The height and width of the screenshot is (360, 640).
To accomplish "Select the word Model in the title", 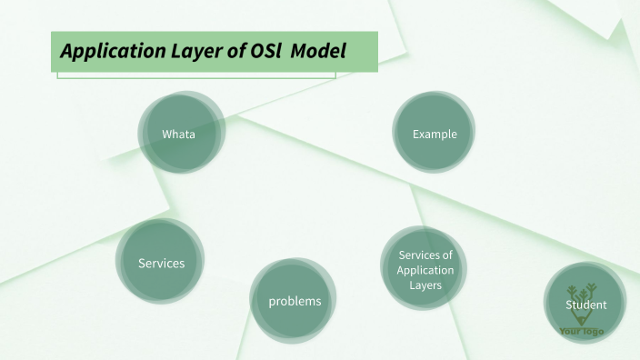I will click(x=319, y=51).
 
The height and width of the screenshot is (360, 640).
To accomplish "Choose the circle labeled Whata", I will click(x=179, y=134).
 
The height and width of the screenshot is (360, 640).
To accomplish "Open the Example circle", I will click(x=435, y=134).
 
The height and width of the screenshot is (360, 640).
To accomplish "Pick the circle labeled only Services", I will click(x=161, y=263).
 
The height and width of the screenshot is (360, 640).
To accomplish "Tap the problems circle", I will click(x=295, y=301).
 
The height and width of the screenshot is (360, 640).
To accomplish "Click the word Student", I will click(x=585, y=305).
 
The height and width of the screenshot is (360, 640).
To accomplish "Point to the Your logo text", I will click(x=581, y=332).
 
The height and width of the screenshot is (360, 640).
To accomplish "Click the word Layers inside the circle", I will click(x=425, y=285).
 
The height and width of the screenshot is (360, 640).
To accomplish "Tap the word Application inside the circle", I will click(x=425, y=270).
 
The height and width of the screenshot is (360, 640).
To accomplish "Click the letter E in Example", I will click(x=415, y=135).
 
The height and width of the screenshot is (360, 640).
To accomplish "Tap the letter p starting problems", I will click(x=272, y=302).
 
